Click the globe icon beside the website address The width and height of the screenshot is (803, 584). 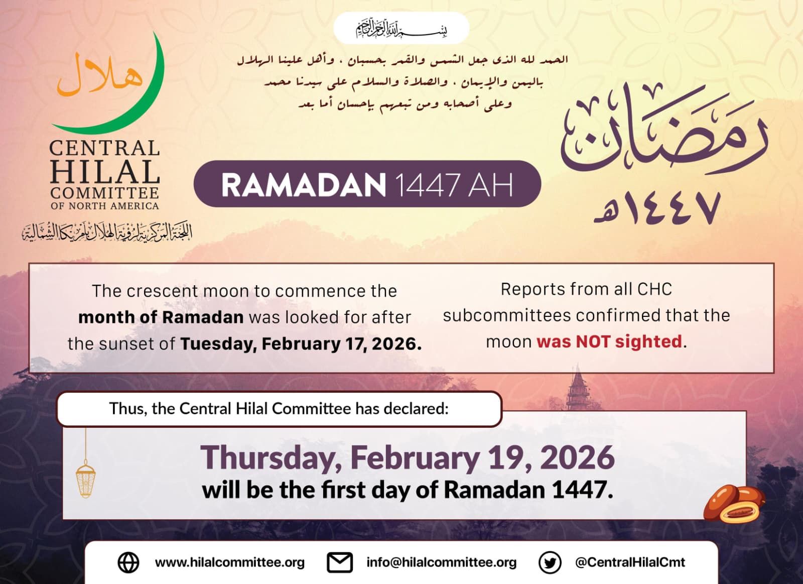pos(128,562)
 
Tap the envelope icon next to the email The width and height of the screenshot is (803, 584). pos(340,562)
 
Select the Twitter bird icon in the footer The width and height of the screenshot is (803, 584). pos(550,562)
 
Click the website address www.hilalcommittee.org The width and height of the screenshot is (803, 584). pos(230,562)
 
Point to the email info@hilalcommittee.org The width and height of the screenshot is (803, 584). pos(441,562)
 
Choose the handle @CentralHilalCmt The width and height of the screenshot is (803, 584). pos(630,562)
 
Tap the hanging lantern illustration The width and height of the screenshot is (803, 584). pos(85,480)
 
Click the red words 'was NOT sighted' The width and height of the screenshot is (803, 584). pos(609,342)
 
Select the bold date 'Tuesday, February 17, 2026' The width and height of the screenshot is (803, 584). pos(301,344)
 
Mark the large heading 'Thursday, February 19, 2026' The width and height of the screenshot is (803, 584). pos(408,457)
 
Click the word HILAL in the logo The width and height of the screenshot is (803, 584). pos(104,172)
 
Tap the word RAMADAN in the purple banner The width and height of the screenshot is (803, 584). pos(303,185)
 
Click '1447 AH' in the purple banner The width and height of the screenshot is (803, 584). pos(454,185)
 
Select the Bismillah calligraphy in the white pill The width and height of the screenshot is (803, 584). pos(401,29)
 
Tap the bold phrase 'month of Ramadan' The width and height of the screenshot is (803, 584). pos(161,317)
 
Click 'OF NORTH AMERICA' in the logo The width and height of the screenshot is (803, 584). pos(104,206)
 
